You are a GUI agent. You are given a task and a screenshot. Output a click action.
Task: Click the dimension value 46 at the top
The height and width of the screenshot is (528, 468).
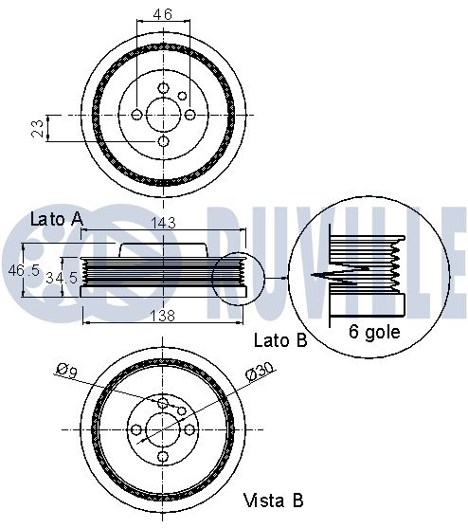pyautogui.click(x=163, y=14)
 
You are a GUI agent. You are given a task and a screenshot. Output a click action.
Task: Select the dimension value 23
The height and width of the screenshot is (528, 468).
pyautogui.click(x=38, y=128)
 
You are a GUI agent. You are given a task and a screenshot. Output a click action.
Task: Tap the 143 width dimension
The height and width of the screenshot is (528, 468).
pyautogui.click(x=163, y=223)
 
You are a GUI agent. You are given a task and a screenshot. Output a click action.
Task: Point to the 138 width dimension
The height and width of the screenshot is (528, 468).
pyautogui.click(x=163, y=316)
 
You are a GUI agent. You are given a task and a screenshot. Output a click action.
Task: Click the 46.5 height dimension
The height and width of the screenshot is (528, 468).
pyautogui.click(x=24, y=270)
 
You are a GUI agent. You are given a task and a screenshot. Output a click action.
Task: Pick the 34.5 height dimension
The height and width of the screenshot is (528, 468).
pyautogui.click(x=62, y=278)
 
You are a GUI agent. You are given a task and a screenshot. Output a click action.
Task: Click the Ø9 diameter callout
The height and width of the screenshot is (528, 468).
pyautogui.click(x=66, y=371)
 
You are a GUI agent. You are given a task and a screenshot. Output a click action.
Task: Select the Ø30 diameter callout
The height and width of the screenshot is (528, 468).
pyautogui.click(x=261, y=371)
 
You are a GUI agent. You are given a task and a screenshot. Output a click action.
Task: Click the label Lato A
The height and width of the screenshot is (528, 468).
pyautogui.click(x=57, y=219)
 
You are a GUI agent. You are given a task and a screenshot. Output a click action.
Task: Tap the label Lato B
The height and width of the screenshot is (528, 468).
pyautogui.click(x=280, y=340)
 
